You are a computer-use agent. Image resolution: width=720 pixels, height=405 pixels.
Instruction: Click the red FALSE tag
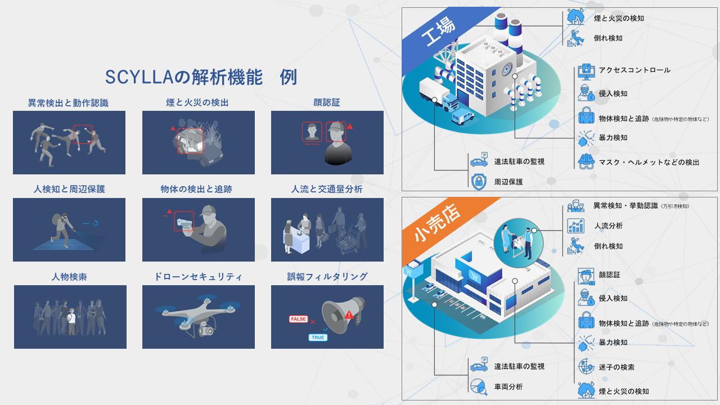click(x=298, y=319)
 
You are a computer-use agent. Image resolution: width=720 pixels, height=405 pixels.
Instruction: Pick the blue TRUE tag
click(x=317, y=337)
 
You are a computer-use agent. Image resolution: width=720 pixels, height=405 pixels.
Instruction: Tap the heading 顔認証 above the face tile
click(x=327, y=102)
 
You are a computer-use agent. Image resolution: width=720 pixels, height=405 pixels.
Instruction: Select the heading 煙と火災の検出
click(x=197, y=102)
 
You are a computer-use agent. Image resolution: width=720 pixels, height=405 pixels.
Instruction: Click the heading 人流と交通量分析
click(x=327, y=190)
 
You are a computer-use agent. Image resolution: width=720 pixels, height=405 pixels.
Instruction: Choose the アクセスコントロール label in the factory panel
click(x=634, y=70)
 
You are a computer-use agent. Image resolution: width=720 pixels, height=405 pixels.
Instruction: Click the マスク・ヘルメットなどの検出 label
click(x=649, y=163)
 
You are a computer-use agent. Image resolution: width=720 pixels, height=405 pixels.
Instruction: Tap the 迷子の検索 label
click(x=616, y=367)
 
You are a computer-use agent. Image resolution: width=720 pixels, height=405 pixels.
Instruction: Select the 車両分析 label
click(x=508, y=387)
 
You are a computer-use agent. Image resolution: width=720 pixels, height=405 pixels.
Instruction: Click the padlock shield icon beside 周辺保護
click(x=479, y=181)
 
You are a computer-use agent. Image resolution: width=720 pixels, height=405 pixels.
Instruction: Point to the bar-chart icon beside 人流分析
click(x=575, y=226)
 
